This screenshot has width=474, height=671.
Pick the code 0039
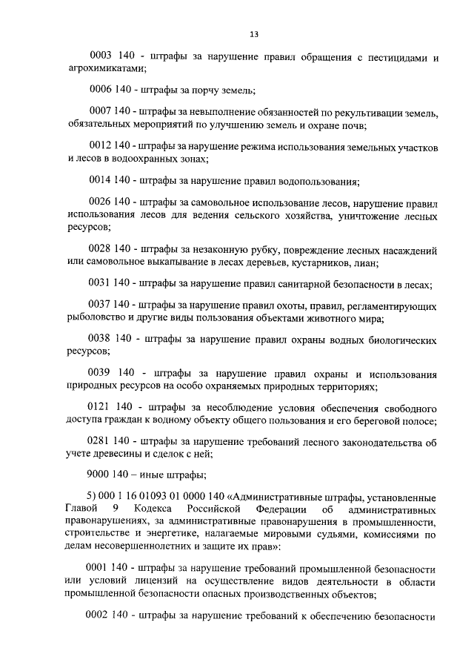100,372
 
